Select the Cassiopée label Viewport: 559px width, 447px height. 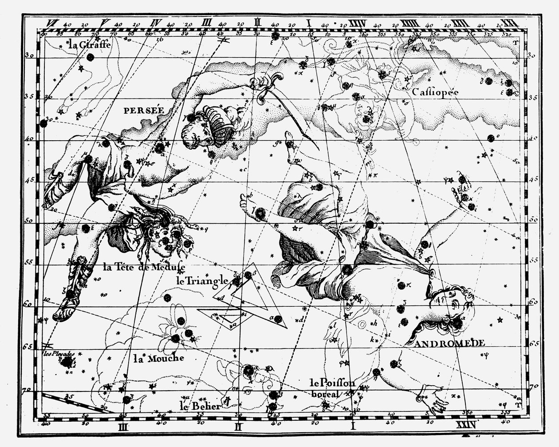[435, 92]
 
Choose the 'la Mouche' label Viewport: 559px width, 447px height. [159, 357]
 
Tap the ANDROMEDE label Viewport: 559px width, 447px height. [450, 343]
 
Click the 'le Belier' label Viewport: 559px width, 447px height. [200, 405]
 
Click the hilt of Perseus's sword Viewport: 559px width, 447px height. [267, 84]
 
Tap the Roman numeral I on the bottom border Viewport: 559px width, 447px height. [353, 427]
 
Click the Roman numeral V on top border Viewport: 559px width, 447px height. [105, 22]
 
